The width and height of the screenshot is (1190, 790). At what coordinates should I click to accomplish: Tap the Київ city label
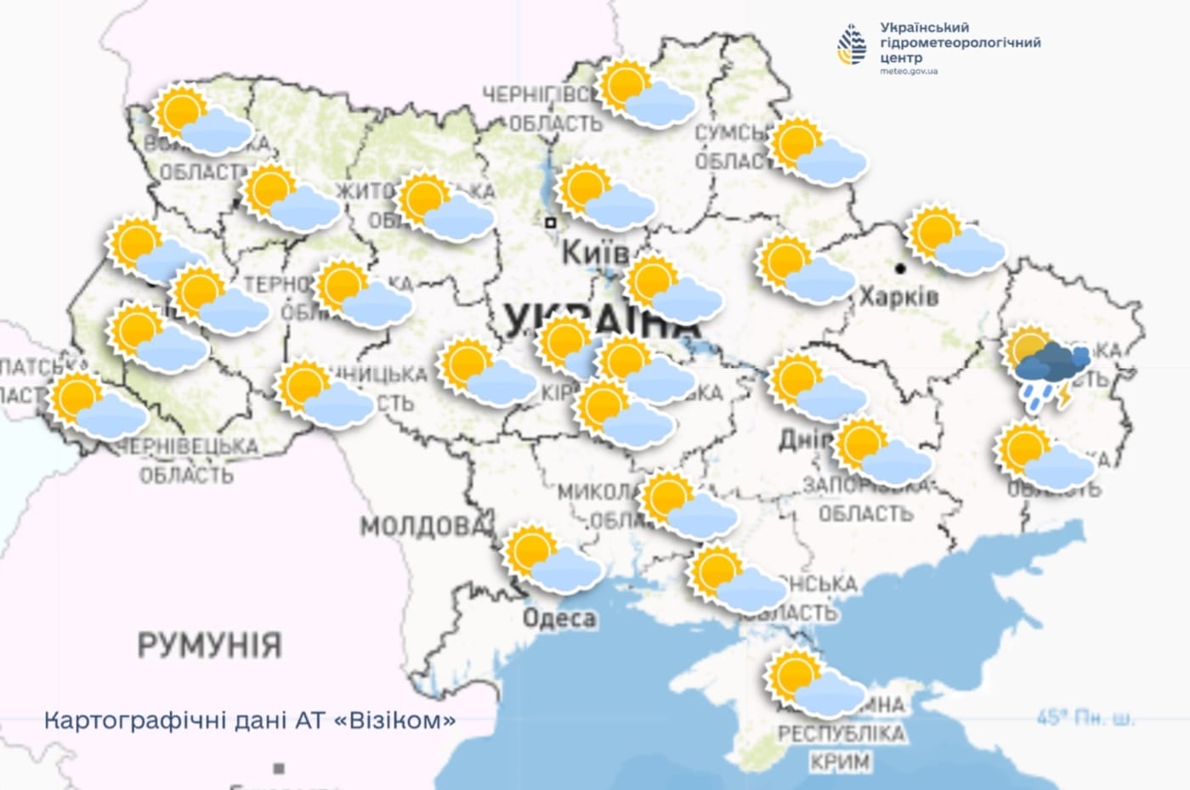[596, 252]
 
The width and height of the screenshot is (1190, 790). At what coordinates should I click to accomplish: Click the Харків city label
[898, 296]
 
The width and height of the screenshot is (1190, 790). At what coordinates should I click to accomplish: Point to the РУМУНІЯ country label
[209, 645]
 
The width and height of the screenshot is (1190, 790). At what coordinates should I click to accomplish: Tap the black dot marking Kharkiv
[900, 268]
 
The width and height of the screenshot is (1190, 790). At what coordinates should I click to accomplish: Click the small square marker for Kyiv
[551, 223]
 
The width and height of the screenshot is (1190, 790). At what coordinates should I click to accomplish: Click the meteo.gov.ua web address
[909, 71]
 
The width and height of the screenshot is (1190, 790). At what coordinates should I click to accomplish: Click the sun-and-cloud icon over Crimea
[814, 683]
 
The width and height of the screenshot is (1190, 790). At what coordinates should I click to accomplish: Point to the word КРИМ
[840, 762]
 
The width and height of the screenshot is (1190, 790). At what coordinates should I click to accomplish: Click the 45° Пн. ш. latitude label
[1085, 719]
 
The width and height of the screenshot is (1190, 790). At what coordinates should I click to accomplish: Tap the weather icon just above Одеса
[552, 559]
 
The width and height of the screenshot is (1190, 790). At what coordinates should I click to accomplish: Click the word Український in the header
[925, 28]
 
